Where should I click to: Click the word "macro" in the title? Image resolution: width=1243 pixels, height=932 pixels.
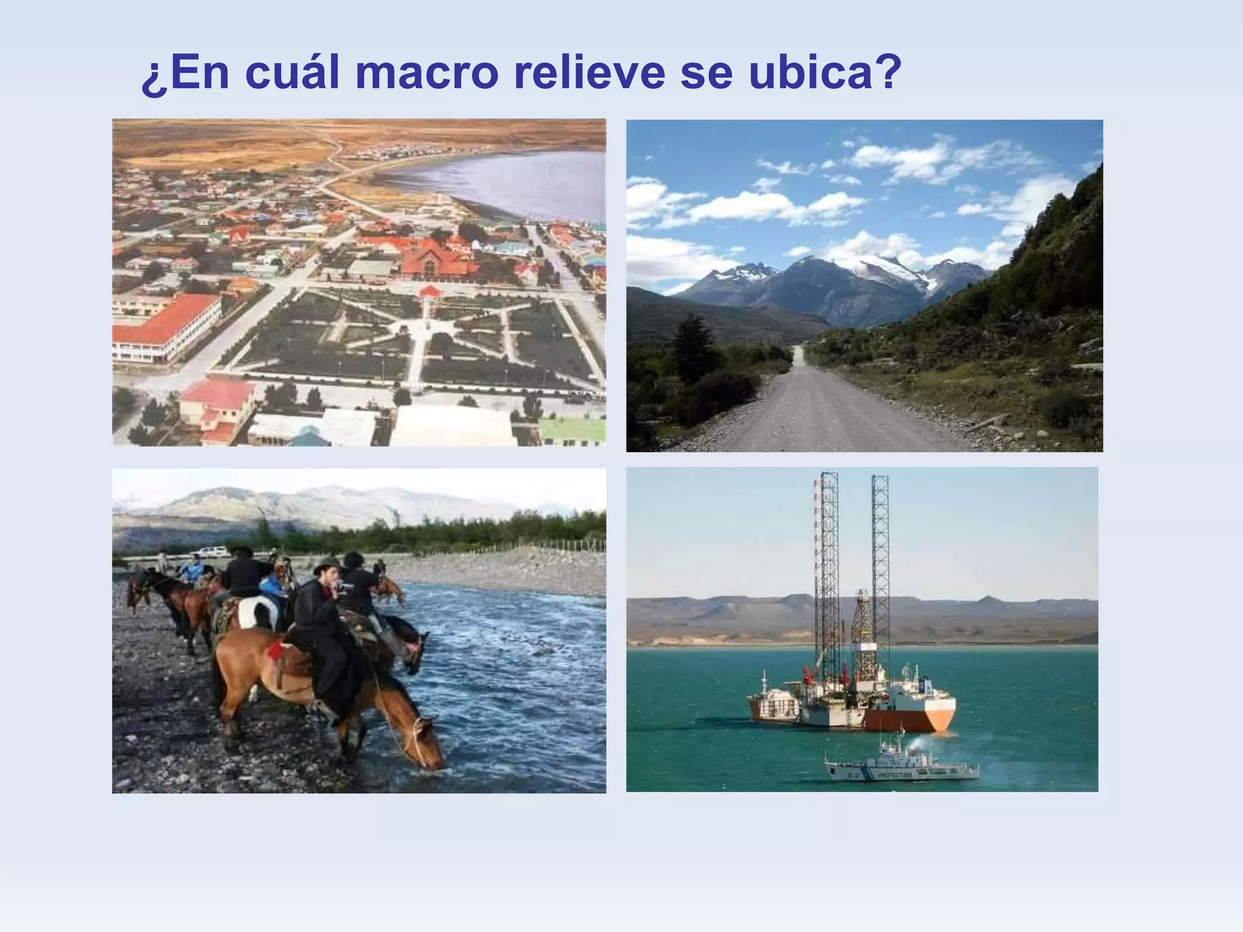click(426, 73)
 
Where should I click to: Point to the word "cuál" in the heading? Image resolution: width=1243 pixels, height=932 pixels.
click(292, 73)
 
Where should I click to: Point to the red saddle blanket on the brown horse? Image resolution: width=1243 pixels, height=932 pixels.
click(276, 652)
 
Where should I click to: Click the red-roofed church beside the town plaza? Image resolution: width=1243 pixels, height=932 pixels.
click(437, 258)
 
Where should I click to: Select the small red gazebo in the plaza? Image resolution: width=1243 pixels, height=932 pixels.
click(429, 293)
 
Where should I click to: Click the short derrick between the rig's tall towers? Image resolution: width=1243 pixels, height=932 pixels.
click(861, 631)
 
